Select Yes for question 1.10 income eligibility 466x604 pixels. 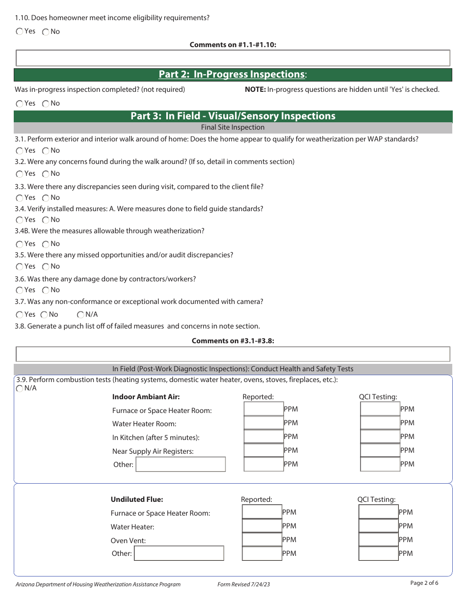pos(20,31)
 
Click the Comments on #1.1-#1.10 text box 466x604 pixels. pos(233,58)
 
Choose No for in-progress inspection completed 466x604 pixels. pos(46,104)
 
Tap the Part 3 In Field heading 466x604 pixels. pos(233,116)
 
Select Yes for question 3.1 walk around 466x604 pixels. pos(20,151)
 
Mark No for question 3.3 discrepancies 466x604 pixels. pos(46,198)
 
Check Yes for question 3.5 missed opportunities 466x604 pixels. pos(20,267)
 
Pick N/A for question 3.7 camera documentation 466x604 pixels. pos(81,315)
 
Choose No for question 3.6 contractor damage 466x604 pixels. pos(46,290)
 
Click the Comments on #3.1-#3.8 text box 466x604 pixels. pos(233,354)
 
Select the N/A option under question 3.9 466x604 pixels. pos(20,388)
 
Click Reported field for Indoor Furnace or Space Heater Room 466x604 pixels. pos(263,409)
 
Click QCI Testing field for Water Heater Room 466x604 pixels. pos(380,423)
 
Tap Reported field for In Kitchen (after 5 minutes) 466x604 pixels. pos(263,437)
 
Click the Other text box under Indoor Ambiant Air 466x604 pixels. pos(181,465)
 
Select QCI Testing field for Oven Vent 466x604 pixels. pos(378,540)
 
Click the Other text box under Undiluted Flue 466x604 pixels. pos(179,553)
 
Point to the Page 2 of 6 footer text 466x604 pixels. pos(424,583)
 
